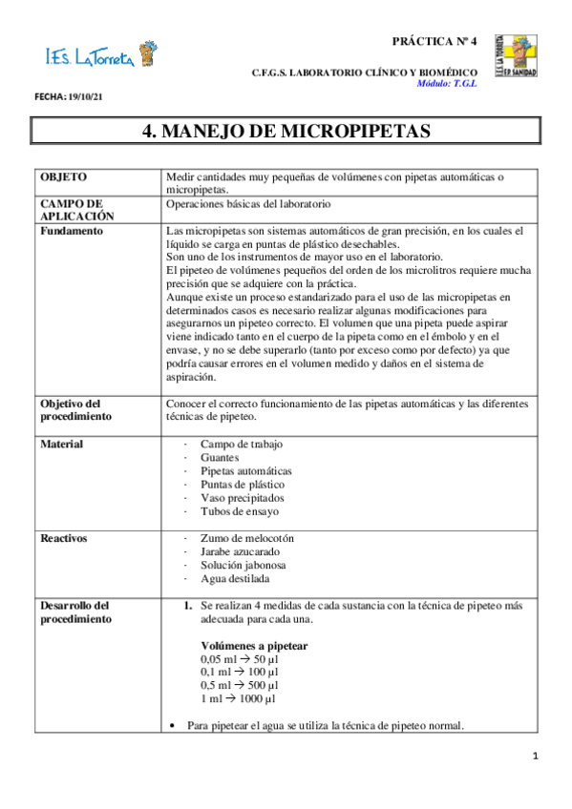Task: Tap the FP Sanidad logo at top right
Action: [515, 56]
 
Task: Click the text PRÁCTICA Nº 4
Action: [434, 42]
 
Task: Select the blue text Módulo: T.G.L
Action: [446, 83]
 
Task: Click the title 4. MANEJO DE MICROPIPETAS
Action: [286, 131]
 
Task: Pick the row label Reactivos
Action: [64, 538]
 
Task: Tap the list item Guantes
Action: [222, 458]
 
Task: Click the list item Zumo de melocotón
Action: [246, 538]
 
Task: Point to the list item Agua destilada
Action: [235, 578]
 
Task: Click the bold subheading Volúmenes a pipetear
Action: [253, 645]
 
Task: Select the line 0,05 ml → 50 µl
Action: [239, 658]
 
